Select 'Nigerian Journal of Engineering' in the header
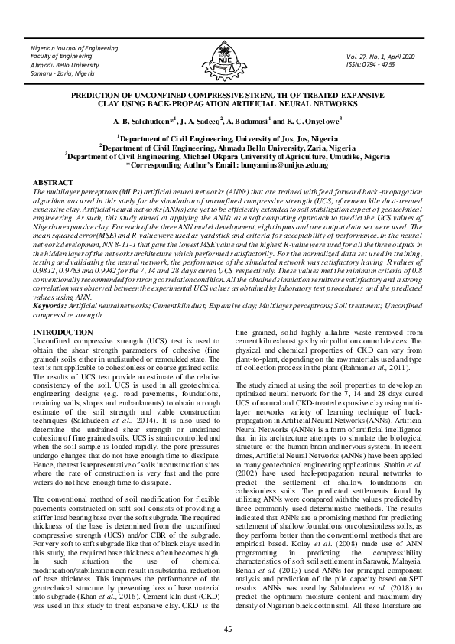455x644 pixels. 75,49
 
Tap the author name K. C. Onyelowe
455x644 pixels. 310,121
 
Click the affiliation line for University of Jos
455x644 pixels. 226,139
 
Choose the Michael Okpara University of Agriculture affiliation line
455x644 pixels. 226,155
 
